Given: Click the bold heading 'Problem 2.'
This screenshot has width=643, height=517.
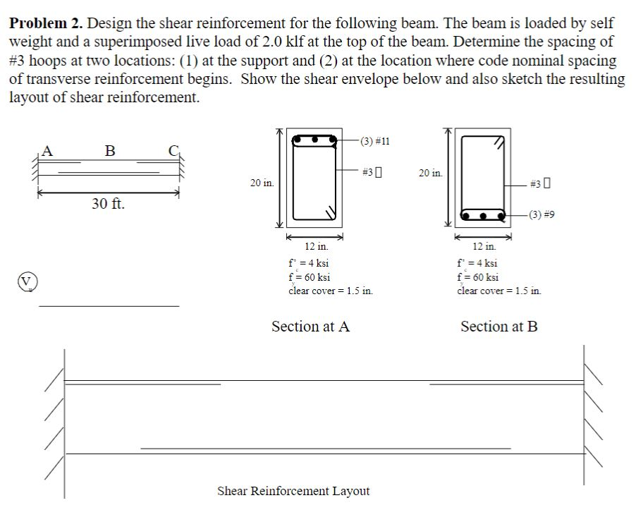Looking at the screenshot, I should click(x=47, y=24).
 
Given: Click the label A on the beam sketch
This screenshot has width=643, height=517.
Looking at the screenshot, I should click(x=47, y=149).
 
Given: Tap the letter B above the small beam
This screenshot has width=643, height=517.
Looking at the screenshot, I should click(x=109, y=150).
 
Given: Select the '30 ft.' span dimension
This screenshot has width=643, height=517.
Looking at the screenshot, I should click(x=109, y=205).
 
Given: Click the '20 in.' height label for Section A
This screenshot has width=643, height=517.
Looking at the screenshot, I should click(x=263, y=183).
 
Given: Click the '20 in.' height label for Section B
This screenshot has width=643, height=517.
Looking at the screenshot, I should click(x=431, y=173).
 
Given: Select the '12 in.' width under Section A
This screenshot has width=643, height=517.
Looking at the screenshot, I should click(x=316, y=246).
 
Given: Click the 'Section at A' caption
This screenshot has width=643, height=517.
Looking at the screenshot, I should click(x=310, y=326).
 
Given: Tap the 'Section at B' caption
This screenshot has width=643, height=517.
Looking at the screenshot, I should click(x=498, y=326).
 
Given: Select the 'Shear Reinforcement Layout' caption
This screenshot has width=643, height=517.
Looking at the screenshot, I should click(x=293, y=491).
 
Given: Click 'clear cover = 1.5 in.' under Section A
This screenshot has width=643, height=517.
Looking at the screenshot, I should click(x=330, y=290).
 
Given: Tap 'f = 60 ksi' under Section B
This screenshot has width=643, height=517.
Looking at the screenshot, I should click(x=478, y=276).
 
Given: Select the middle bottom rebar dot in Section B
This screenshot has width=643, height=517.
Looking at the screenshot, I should click(x=484, y=214).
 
